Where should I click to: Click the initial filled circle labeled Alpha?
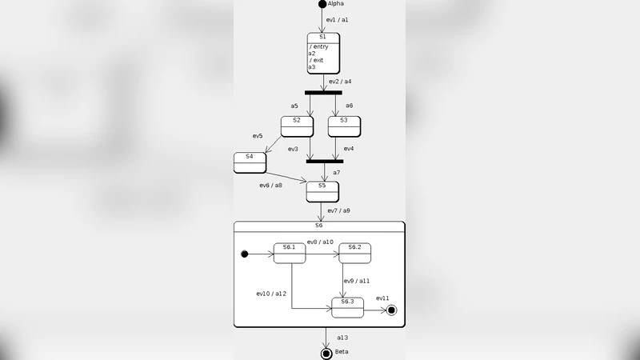pyautogui.click(x=322, y=4)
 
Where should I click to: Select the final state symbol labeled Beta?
pyautogui.click(x=326, y=352)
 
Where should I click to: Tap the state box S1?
pyautogui.click(x=323, y=53)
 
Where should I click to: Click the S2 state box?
pyautogui.click(x=297, y=126)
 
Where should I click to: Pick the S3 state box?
pyautogui.click(x=344, y=126)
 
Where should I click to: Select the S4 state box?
pyautogui.click(x=250, y=162)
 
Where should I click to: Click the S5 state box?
pyautogui.click(x=322, y=191)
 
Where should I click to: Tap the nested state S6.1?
pyautogui.click(x=290, y=253)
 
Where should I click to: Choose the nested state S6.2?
pyautogui.click(x=354, y=253)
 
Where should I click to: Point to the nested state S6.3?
pyautogui.click(x=347, y=307)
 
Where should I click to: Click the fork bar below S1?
pyautogui.click(x=323, y=93)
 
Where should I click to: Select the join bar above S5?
pyautogui.click(x=325, y=161)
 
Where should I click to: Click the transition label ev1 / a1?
pyautogui.click(x=338, y=19)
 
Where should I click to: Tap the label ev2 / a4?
pyautogui.click(x=341, y=82)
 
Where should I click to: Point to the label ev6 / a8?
pyautogui.click(x=270, y=186)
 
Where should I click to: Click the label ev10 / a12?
pyautogui.click(x=271, y=294)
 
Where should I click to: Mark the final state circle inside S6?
pyautogui.click(x=391, y=311)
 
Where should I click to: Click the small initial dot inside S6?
pyautogui.click(x=244, y=254)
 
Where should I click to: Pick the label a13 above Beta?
pyautogui.click(x=342, y=338)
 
